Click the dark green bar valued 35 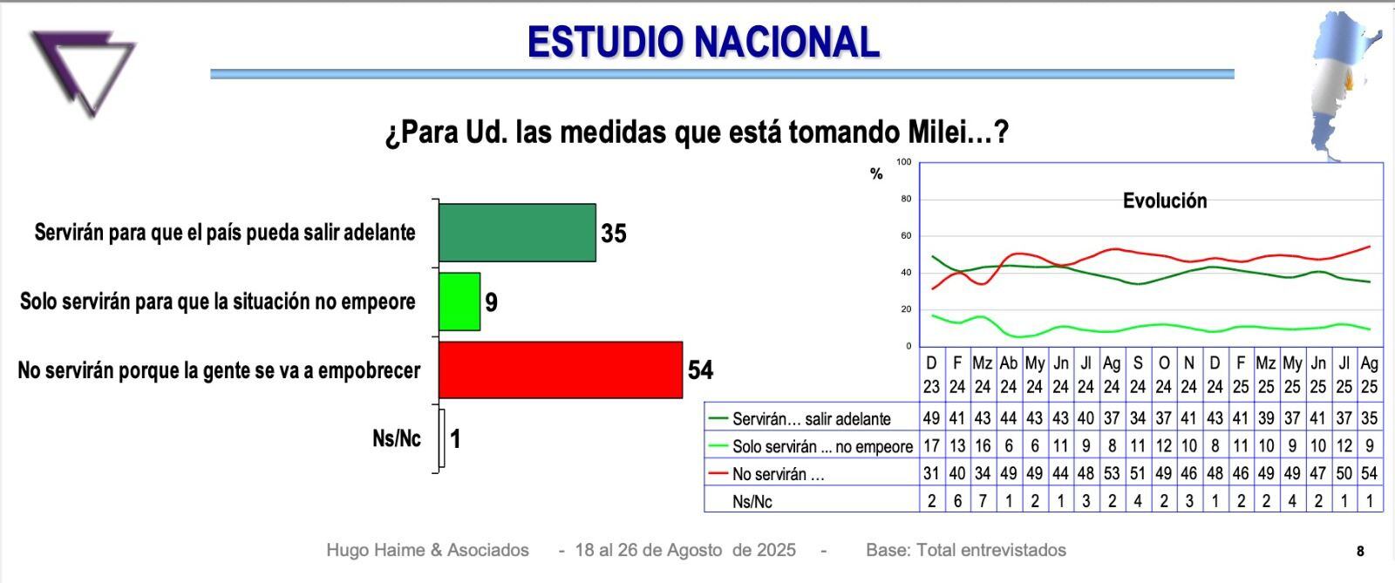(517, 233)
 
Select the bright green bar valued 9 (459, 302)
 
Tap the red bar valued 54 (560, 369)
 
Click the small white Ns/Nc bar (441, 438)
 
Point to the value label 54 (700, 370)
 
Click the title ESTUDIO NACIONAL (703, 41)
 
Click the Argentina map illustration (1344, 83)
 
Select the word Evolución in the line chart (1164, 201)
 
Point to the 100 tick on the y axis (903, 162)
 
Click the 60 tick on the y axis (905, 235)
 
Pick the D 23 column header (931, 375)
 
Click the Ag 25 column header (1369, 375)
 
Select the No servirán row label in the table (778, 475)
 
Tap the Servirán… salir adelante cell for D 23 (931, 418)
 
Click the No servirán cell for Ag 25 (1369, 474)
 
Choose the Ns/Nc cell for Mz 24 (983, 501)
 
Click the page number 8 (1360, 551)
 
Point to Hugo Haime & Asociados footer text (427, 550)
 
